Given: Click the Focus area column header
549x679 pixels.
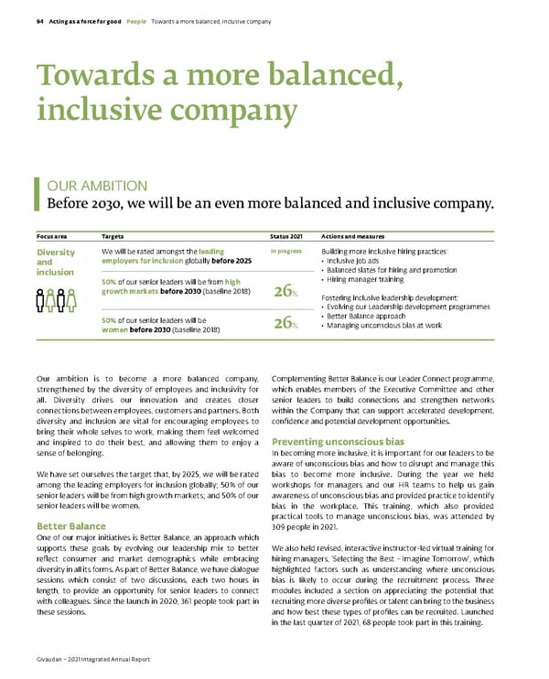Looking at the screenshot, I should [50, 235].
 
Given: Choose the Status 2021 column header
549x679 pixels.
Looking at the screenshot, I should [286, 235].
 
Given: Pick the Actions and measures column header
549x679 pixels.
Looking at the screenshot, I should [351, 235].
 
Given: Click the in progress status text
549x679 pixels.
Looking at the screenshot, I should [285, 250].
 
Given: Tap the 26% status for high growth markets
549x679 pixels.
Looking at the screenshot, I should [285, 292].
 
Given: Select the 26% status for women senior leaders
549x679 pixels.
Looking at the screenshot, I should [285, 323].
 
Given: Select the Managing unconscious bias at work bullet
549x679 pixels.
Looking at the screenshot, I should [384, 325].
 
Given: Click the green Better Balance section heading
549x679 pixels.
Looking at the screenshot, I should [70, 526].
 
